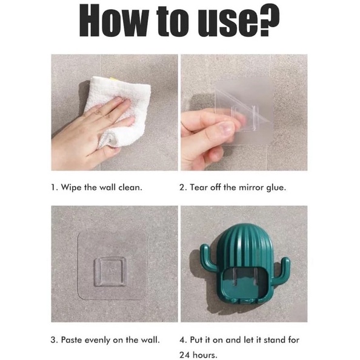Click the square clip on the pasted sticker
(x=110, y=272)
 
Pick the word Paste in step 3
(x=71, y=340)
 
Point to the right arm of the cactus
(x=283, y=266)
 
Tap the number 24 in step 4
(x=185, y=355)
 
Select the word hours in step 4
(x=205, y=355)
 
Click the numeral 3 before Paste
(x=53, y=340)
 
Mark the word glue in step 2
(x=276, y=188)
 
